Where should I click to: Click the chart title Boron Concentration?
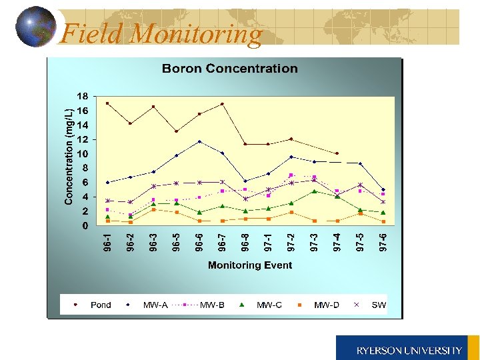[229, 69]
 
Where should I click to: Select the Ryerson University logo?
[407, 349]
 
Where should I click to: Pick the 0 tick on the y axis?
[85, 226]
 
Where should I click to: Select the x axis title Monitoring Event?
[250, 265]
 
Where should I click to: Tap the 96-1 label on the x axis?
[107, 242]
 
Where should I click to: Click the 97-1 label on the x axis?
[269, 242]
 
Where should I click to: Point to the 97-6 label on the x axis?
[383, 242]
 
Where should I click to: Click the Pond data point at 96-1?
[107, 103]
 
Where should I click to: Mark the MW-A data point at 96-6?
[199, 141]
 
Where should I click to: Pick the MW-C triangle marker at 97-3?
[314, 191]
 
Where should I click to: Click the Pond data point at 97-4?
[337, 153]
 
